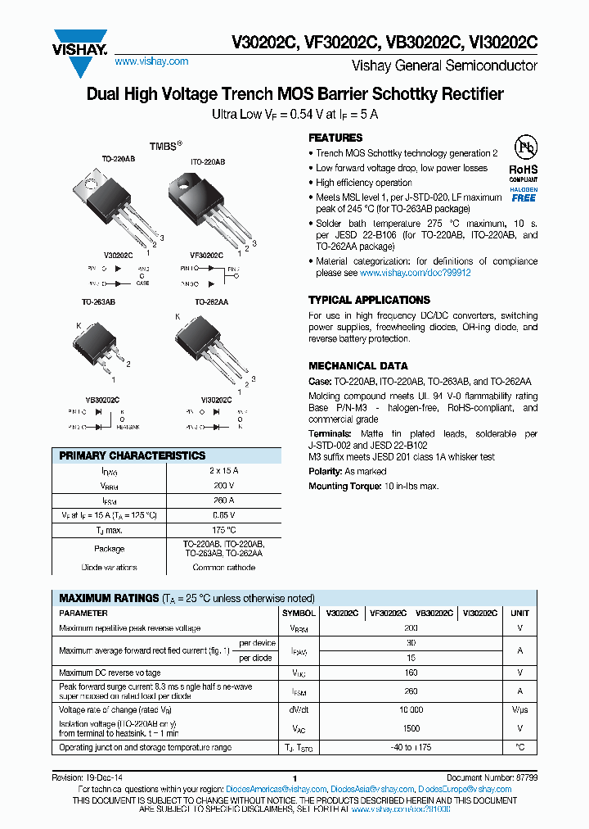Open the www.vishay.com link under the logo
151,61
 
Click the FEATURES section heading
335,138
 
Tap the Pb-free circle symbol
524,148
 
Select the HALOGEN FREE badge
524,193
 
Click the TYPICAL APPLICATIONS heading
369,300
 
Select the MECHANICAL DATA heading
357,366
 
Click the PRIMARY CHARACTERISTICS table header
133,455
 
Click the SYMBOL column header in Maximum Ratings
299,613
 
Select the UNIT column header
519,613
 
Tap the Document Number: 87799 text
490,778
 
